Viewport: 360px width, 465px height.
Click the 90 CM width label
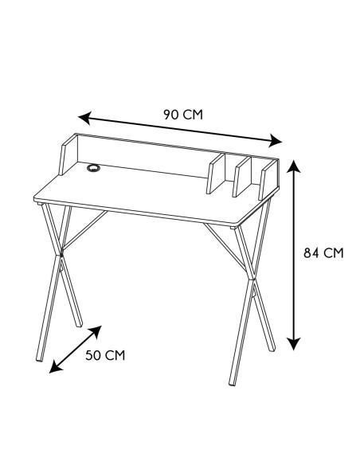182,114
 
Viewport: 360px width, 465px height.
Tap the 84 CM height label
323,253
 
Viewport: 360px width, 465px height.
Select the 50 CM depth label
105,354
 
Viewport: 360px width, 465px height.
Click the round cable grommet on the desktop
93,169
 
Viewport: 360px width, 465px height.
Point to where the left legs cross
58,256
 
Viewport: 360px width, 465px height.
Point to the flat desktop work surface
151,195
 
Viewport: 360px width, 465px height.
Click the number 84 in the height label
312,253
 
